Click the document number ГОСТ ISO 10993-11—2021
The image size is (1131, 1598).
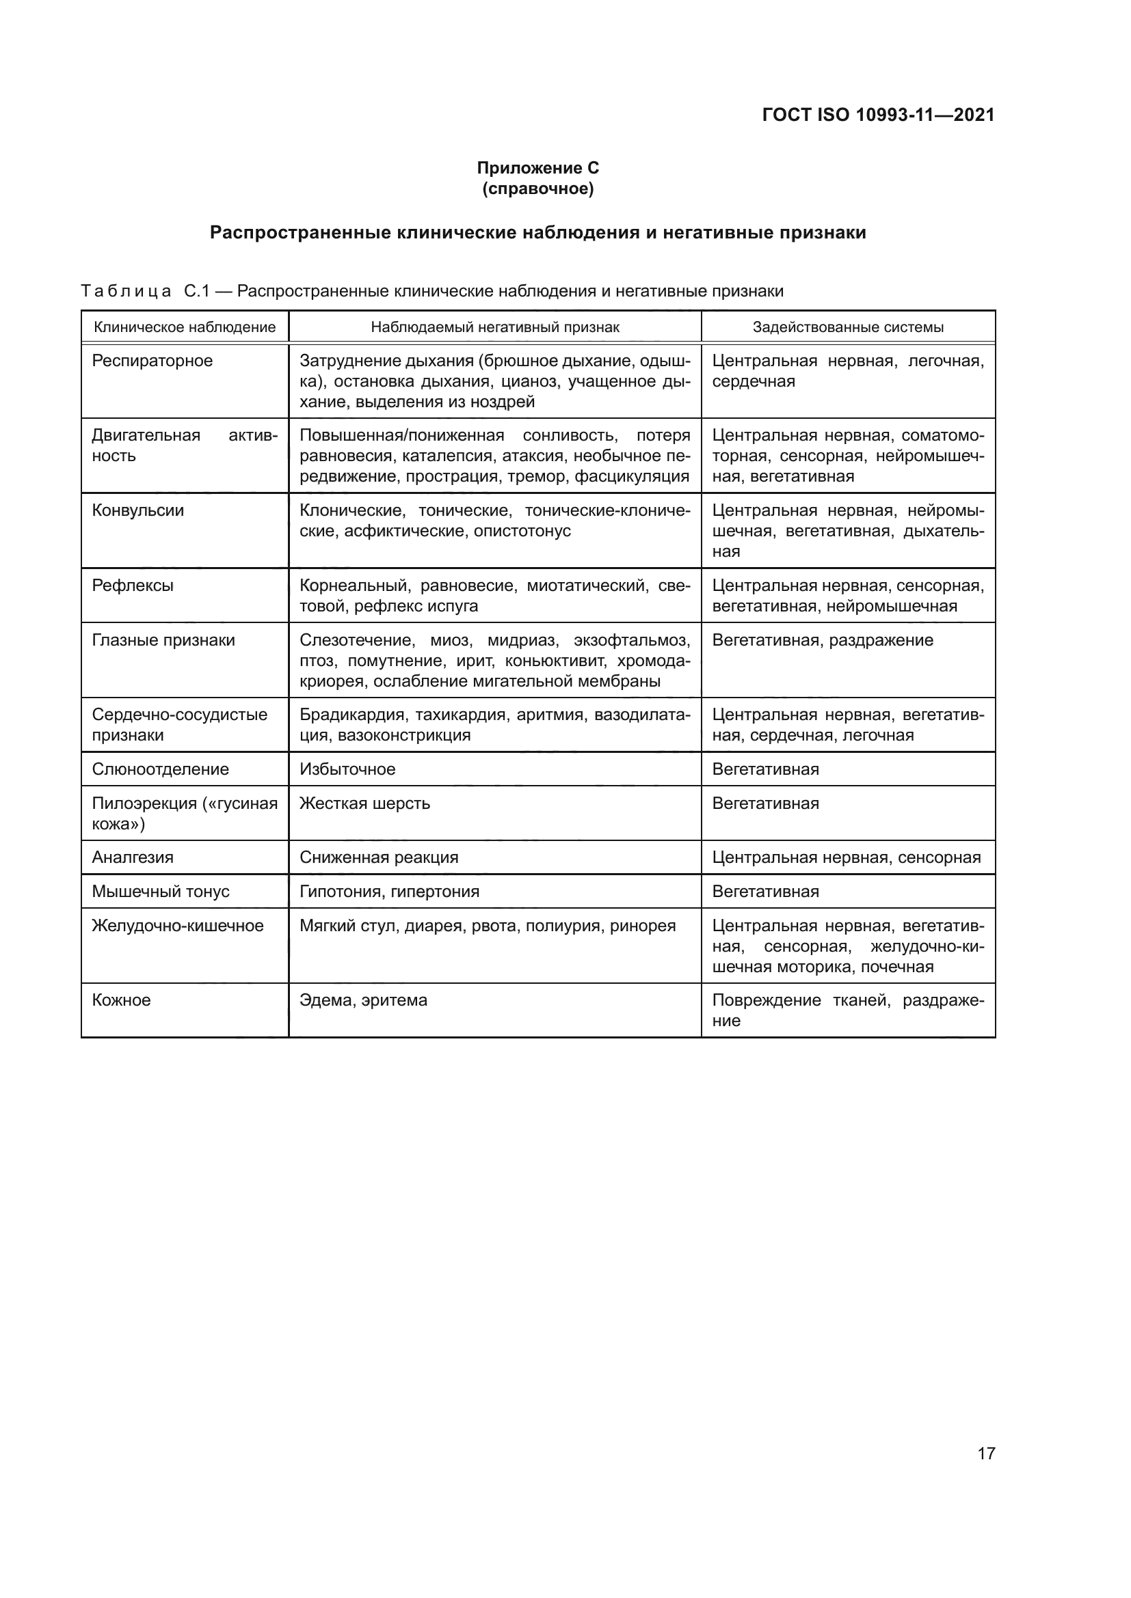pyautogui.click(x=878, y=115)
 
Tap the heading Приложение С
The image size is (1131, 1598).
pyautogui.click(x=537, y=168)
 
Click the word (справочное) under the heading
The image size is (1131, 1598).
pyautogui.click(x=537, y=189)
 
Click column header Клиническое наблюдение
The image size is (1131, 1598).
pyautogui.click(x=185, y=327)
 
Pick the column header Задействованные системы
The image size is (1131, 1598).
pyautogui.click(x=847, y=327)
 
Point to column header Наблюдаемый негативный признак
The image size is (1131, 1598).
pyautogui.click(x=494, y=327)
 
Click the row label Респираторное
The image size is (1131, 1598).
pyautogui.click(x=152, y=361)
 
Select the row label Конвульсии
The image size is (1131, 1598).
pyautogui.click(x=138, y=510)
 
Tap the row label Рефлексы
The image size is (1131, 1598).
pyautogui.click(x=133, y=586)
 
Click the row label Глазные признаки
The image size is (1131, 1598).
pyautogui.click(x=163, y=640)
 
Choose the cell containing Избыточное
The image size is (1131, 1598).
pyautogui.click(x=347, y=769)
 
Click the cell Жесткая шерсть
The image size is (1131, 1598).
pyautogui.click(x=365, y=803)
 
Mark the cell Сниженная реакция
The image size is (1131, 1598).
pyautogui.click(x=379, y=857)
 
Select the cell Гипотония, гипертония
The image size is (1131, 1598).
pyautogui.click(x=389, y=892)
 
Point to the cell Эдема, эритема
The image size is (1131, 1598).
pyautogui.click(x=364, y=1000)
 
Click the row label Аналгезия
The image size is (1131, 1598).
pyautogui.click(x=133, y=857)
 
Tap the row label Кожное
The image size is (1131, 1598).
pyautogui.click(x=121, y=1000)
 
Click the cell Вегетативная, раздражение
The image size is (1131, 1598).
pyautogui.click(x=822, y=640)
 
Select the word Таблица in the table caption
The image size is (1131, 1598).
pyautogui.click(x=126, y=291)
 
